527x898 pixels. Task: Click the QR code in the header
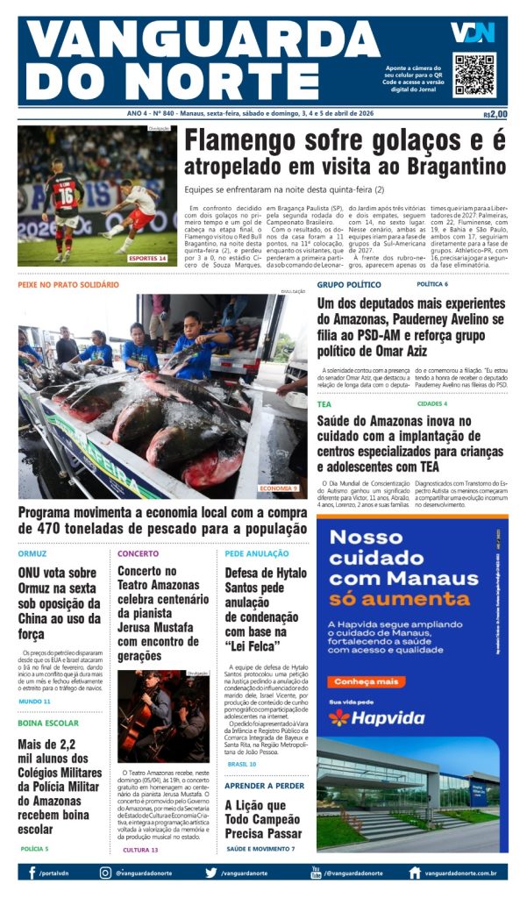click(474, 75)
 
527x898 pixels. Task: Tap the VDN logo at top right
click(474, 32)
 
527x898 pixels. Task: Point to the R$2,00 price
click(495, 114)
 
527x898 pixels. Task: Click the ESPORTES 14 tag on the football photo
click(147, 258)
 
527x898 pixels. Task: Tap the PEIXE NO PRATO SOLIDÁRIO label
click(68, 284)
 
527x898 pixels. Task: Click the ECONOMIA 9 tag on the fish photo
click(279, 488)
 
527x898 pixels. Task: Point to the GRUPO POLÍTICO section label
click(349, 284)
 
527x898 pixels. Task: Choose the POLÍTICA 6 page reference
click(432, 284)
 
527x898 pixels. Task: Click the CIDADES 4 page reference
click(432, 403)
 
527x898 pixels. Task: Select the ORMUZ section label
click(32, 553)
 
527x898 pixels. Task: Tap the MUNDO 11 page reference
click(35, 702)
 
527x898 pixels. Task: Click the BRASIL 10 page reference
click(242, 763)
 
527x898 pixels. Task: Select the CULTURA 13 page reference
click(140, 850)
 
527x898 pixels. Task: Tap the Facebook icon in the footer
click(32, 873)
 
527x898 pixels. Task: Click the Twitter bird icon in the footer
click(210, 873)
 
